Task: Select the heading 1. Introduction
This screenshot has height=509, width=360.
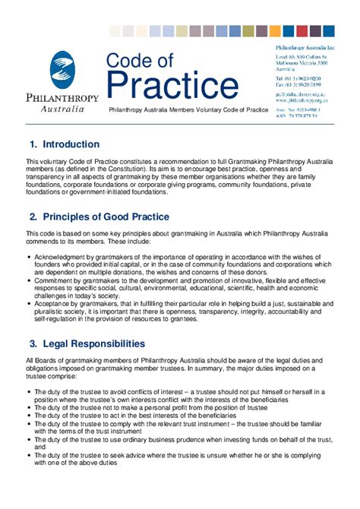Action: pos(64,144)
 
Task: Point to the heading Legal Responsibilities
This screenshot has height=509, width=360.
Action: pos(93,344)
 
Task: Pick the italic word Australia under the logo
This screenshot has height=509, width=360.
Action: pos(62,109)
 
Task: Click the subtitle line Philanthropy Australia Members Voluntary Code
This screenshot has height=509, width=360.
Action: pos(188,110)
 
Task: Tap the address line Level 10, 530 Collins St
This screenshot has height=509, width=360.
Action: pos(302,56)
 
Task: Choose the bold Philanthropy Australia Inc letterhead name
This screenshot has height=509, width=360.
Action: pos(304,47)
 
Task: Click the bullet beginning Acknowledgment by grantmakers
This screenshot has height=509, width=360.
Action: pos(182,264)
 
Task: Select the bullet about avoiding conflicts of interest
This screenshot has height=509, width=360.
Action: pos(182,396)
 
